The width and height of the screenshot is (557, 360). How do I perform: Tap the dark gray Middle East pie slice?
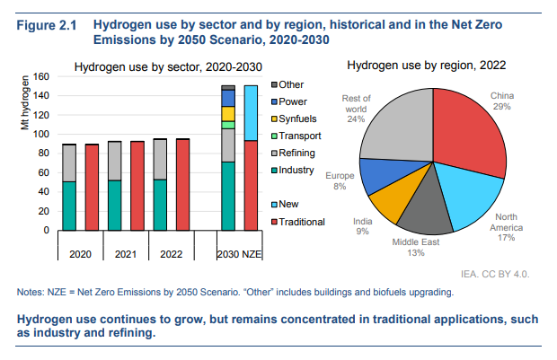coord(426,209)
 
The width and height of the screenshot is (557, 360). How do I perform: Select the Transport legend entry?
coord(296,136)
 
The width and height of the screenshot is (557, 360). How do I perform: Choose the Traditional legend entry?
coord(298,222)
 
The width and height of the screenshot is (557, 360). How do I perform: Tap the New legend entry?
coord(285,204)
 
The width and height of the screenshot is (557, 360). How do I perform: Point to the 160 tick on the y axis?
coord(41,76)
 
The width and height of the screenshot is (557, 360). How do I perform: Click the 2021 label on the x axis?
coord(126,254)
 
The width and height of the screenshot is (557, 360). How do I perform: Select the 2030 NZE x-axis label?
coord(239,254)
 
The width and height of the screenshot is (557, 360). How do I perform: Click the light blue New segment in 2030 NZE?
coord(251,113)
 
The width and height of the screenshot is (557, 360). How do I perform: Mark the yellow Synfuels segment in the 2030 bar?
coord(228,114)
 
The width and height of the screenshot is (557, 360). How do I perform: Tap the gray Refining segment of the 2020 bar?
coord(69,163)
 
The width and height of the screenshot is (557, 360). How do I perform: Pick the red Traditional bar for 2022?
coord(183,185)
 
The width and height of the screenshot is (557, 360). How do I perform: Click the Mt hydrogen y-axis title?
coord(24,103)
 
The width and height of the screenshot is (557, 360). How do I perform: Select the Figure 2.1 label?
coord(47,25)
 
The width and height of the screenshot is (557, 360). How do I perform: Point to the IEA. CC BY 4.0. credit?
coord(495,274)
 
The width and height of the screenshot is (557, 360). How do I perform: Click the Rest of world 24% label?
coord(357,109)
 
